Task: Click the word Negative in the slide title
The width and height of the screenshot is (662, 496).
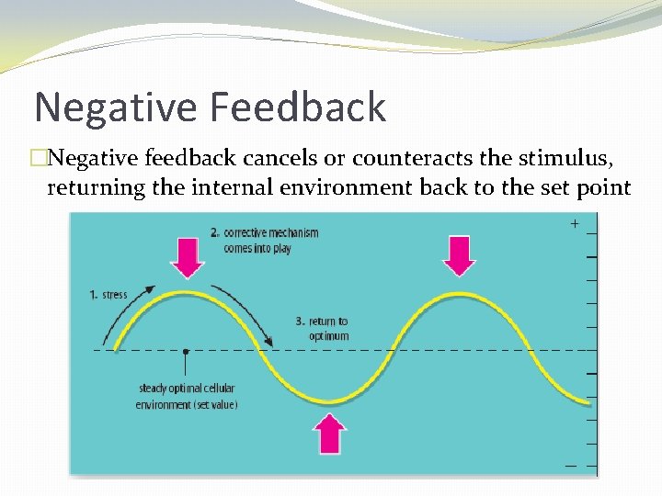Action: tap(116, 107)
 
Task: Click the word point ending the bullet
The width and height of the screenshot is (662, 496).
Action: tap(600, 188)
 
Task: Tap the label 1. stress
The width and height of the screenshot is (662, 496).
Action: tap(108, 295)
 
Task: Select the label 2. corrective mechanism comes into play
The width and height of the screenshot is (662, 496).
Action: tap(264, 240)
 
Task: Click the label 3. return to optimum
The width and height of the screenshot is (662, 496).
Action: tap(322, 328)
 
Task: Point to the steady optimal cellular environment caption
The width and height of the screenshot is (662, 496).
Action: tap(187, 396)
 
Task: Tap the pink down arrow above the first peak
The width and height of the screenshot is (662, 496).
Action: tap(188, 257)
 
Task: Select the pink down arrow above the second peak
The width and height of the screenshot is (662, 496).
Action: tap(459, 254)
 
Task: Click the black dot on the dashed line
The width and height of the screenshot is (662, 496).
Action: tap(186, 351)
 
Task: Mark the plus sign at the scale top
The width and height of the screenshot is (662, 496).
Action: tap(575, 223)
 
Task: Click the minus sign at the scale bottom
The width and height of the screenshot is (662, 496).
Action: tap(571, 466)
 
